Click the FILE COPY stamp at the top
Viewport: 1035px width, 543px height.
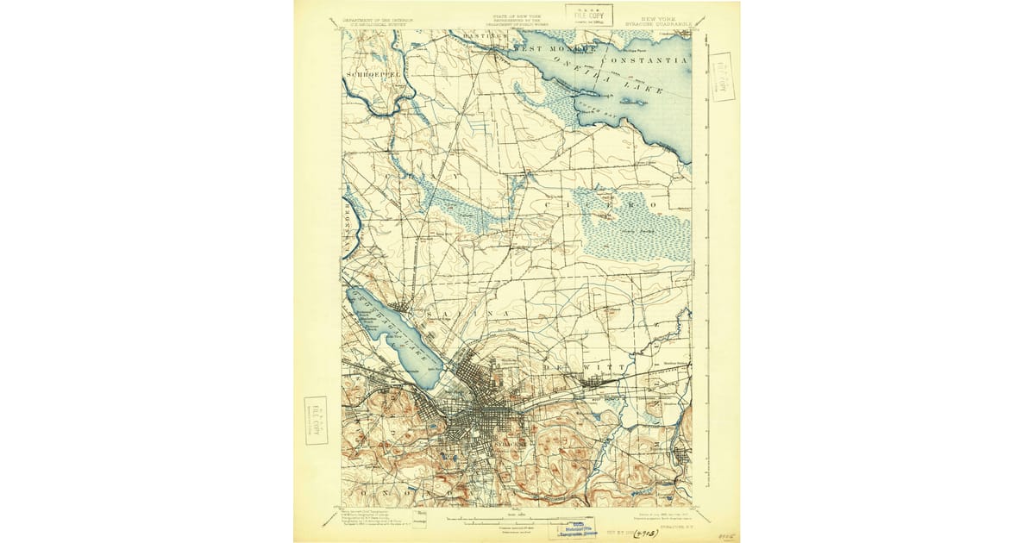(589, 15)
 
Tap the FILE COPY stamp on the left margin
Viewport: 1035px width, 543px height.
(316, 420)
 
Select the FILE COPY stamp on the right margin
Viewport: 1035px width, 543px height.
(721, 77)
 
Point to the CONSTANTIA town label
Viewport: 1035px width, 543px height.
(644, 60)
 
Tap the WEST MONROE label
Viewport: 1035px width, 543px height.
(555, 50)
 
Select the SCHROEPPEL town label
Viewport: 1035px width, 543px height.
(370, 75)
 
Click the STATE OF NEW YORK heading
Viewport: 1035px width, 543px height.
(515, 16)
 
